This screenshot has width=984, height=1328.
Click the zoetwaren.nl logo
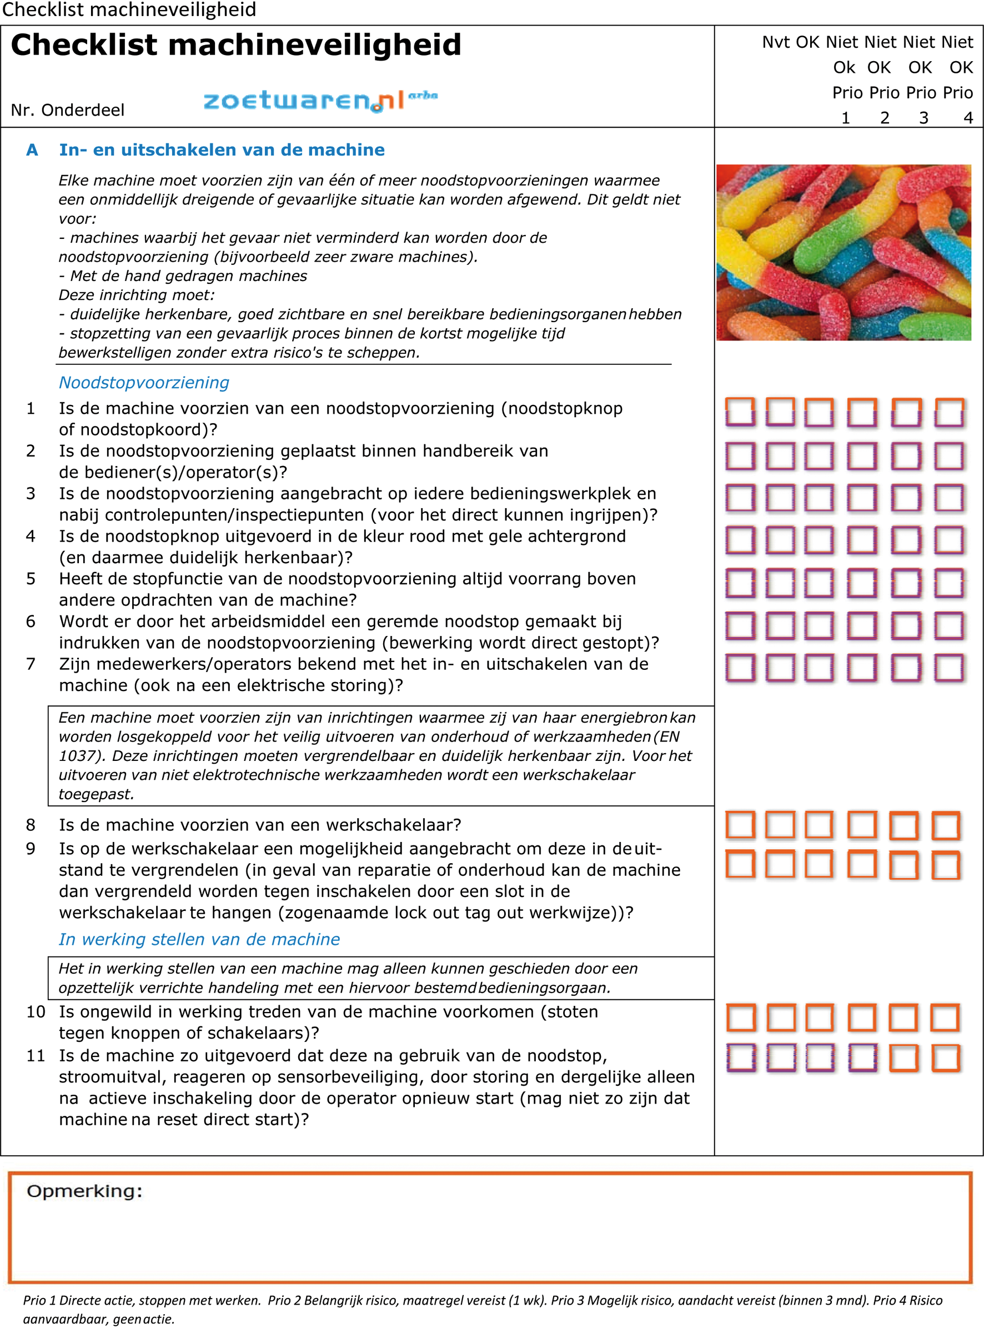[x=320, y=100]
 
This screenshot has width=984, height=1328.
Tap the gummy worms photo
[x=844, y=252]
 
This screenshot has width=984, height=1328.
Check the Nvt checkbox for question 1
[x=740, y=412]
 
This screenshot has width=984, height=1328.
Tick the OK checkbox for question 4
[x=780, y=540]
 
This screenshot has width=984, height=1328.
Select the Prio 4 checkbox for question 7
[x=948, y=667]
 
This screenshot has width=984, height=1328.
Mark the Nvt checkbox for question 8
[x=740, y=825]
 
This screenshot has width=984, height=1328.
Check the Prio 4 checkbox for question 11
[x=945, y=1058]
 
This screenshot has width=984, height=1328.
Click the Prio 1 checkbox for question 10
[x=820, y=1018]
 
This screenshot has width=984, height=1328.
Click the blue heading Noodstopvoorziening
[x=144, y=383]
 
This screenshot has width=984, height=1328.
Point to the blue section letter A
[x=32, y=149]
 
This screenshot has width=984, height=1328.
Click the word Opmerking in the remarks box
[x=84, y=1191]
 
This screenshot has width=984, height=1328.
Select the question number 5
[x=31, y=579]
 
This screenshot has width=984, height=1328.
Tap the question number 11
[x=36, y=1056]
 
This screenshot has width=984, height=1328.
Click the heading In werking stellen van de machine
[x=199, y=940]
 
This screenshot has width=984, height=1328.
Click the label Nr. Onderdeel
[x=67, y=110]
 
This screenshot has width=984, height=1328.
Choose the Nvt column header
[x=776, y=42]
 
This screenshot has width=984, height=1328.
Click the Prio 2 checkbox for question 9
[x=861, y=864]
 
